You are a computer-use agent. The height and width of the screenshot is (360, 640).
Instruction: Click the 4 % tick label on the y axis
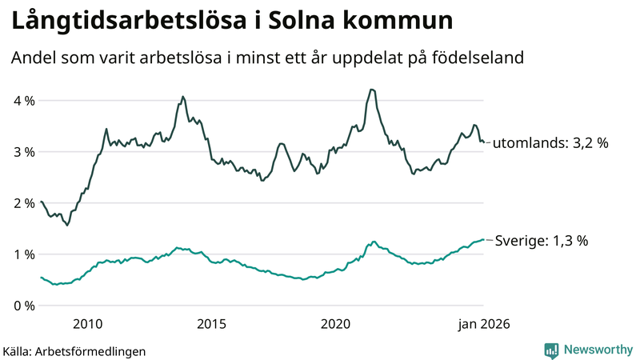click(x=24, y=101)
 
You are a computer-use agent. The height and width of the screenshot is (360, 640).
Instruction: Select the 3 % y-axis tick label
click(x=24, y=152)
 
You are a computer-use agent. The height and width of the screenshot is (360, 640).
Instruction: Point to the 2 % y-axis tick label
click(x=24, y=203)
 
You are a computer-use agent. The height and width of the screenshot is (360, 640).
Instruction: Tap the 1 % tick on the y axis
click(x=24, y=254)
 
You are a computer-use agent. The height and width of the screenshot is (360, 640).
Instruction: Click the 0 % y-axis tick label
click(x=24, y=306)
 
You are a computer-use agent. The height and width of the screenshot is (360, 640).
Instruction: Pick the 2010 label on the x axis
click(x=87, y=324)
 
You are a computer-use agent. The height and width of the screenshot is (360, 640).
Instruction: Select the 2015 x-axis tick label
click(x=212, y=324)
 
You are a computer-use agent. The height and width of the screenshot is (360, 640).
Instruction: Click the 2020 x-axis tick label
click(x=336, y=324)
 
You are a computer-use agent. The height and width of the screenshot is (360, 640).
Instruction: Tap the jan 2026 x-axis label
click(x=483, y=324)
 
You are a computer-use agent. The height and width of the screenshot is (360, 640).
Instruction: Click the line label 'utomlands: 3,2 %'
click(x=550, y=143)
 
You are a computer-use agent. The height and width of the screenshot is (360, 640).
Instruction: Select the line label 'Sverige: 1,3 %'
click(x=542, y=240)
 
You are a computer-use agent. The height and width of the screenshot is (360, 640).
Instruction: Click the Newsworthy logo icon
click(x=551, y=350)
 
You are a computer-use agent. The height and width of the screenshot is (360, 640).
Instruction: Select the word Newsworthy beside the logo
click(x=598, y=350)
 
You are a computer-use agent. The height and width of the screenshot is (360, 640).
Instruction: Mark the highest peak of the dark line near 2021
click(x=372, y=90)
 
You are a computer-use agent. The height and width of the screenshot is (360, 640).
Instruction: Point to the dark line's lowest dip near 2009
click(x=67, y=226)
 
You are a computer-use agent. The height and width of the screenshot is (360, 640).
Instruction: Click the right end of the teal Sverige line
click(x=483, y=240)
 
